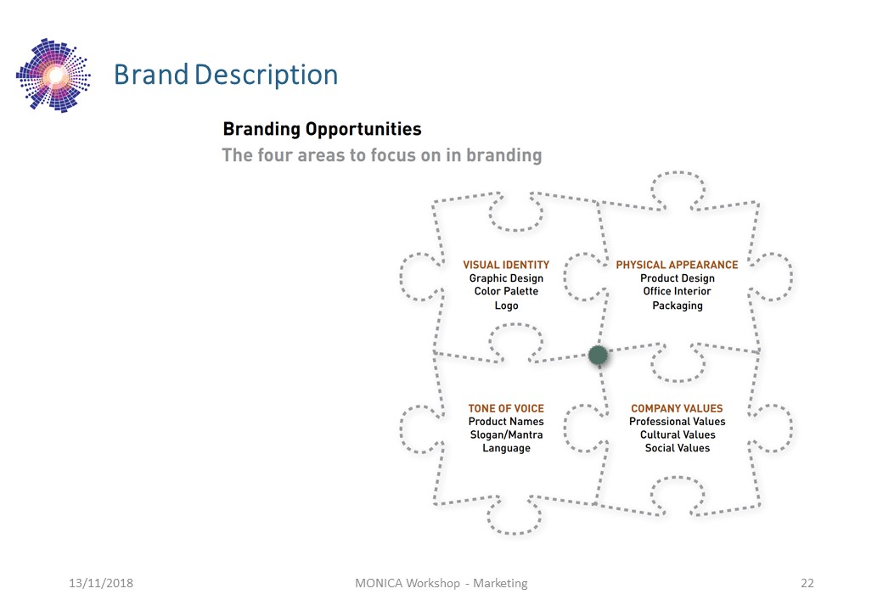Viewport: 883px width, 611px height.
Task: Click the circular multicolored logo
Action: tap(53, 76)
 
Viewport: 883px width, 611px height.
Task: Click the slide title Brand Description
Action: tap(226, 75)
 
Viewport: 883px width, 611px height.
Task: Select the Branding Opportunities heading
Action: tap(322, 129)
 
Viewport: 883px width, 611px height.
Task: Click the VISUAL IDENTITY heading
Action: tap(506, 265)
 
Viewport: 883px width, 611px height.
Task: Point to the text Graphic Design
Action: tap(506, 278)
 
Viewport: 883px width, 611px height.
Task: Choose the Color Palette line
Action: tap(506, 291)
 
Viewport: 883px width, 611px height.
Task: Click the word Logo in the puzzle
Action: tap(506, 305)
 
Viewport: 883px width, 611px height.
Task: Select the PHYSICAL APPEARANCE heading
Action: tap(677, 265)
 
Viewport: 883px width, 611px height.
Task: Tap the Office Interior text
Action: tap(677, 291)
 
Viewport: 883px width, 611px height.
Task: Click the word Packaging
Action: tap(678, 305)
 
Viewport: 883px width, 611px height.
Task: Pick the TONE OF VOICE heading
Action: tap(506, 408)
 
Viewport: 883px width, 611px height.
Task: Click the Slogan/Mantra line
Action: tap(506, 434)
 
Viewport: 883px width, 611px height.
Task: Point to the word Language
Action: tap(506, 448)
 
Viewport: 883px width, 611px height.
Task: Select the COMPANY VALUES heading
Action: tap(677, 408)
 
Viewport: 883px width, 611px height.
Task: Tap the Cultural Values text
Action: tap(678, 434)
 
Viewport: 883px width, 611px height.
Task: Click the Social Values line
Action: tap(678, 448)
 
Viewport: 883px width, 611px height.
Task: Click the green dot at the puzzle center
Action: tap(598, 355)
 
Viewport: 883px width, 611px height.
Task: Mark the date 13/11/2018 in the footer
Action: tap(101, 584)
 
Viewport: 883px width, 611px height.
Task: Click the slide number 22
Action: tap(807, 584)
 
